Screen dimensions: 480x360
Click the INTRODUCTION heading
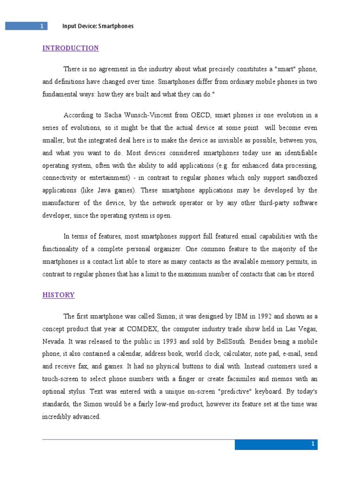(x=71, y=48)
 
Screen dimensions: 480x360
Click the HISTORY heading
(x=59, y=295)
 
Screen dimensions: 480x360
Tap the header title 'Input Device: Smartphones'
(x=98, y=26)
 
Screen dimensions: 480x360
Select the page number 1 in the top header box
(x=42, y=26)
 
